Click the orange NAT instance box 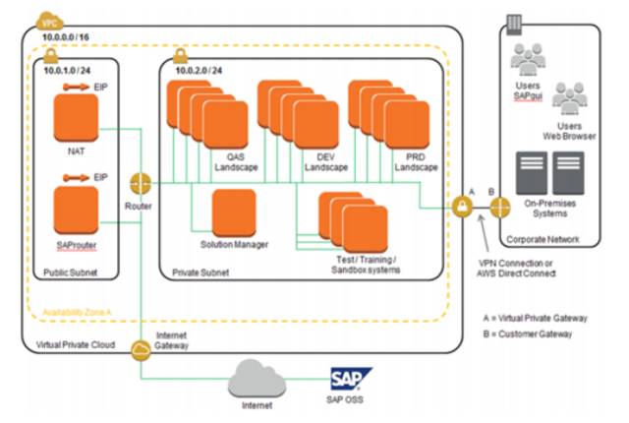point(76,118)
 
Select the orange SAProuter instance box point(76,210)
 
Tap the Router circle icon point(139,184)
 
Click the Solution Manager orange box point(234,211)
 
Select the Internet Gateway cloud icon point(139,347)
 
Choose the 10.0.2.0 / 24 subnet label point(200,73)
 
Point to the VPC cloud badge point(47,19)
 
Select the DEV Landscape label point(326,161)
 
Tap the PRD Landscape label point(417,161)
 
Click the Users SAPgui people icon point(527,60)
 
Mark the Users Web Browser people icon point(569,96)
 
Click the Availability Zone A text point(78,314)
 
